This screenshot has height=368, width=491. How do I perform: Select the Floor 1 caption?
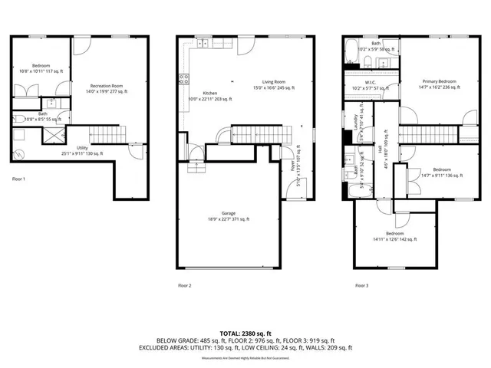(18, 179)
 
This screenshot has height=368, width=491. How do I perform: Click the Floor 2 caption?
(184, 285)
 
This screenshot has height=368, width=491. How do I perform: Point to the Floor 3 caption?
(361, 285)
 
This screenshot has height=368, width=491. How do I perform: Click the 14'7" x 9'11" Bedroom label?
(441, 172)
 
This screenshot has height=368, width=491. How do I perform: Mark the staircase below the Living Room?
(263, 135)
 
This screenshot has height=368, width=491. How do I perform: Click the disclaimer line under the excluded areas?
(245, 357)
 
